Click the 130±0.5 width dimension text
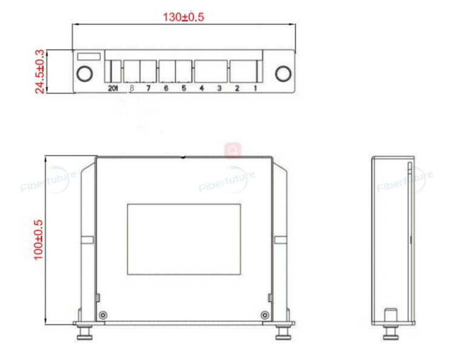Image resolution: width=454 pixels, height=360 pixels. (x=183, y=17)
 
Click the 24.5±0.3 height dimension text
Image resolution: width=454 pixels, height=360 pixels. (x=40, y=71)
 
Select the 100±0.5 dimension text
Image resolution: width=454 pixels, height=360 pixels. (x=39, y=240)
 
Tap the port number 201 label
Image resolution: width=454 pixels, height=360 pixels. (x=113, y=88)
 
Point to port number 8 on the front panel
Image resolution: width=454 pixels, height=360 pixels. (x=132, y=88)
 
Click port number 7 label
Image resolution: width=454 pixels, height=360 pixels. (x=148, y=88)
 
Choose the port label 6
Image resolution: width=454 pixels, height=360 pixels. (x=166, y=88)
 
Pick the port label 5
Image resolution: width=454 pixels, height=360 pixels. (x=183, y=88)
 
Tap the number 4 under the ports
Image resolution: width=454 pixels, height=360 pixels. (x=202, y=88)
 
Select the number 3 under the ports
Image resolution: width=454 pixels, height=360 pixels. (x=219, y=88)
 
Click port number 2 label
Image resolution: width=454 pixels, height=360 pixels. (x=237, y=88)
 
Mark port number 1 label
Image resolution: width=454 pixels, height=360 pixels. (x=255, y=88)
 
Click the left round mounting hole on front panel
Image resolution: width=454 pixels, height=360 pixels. (x=85, y=73)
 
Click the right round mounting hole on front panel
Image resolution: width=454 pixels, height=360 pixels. (x=282, y=73)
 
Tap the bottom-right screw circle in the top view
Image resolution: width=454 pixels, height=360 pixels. (x=264, y=315)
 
